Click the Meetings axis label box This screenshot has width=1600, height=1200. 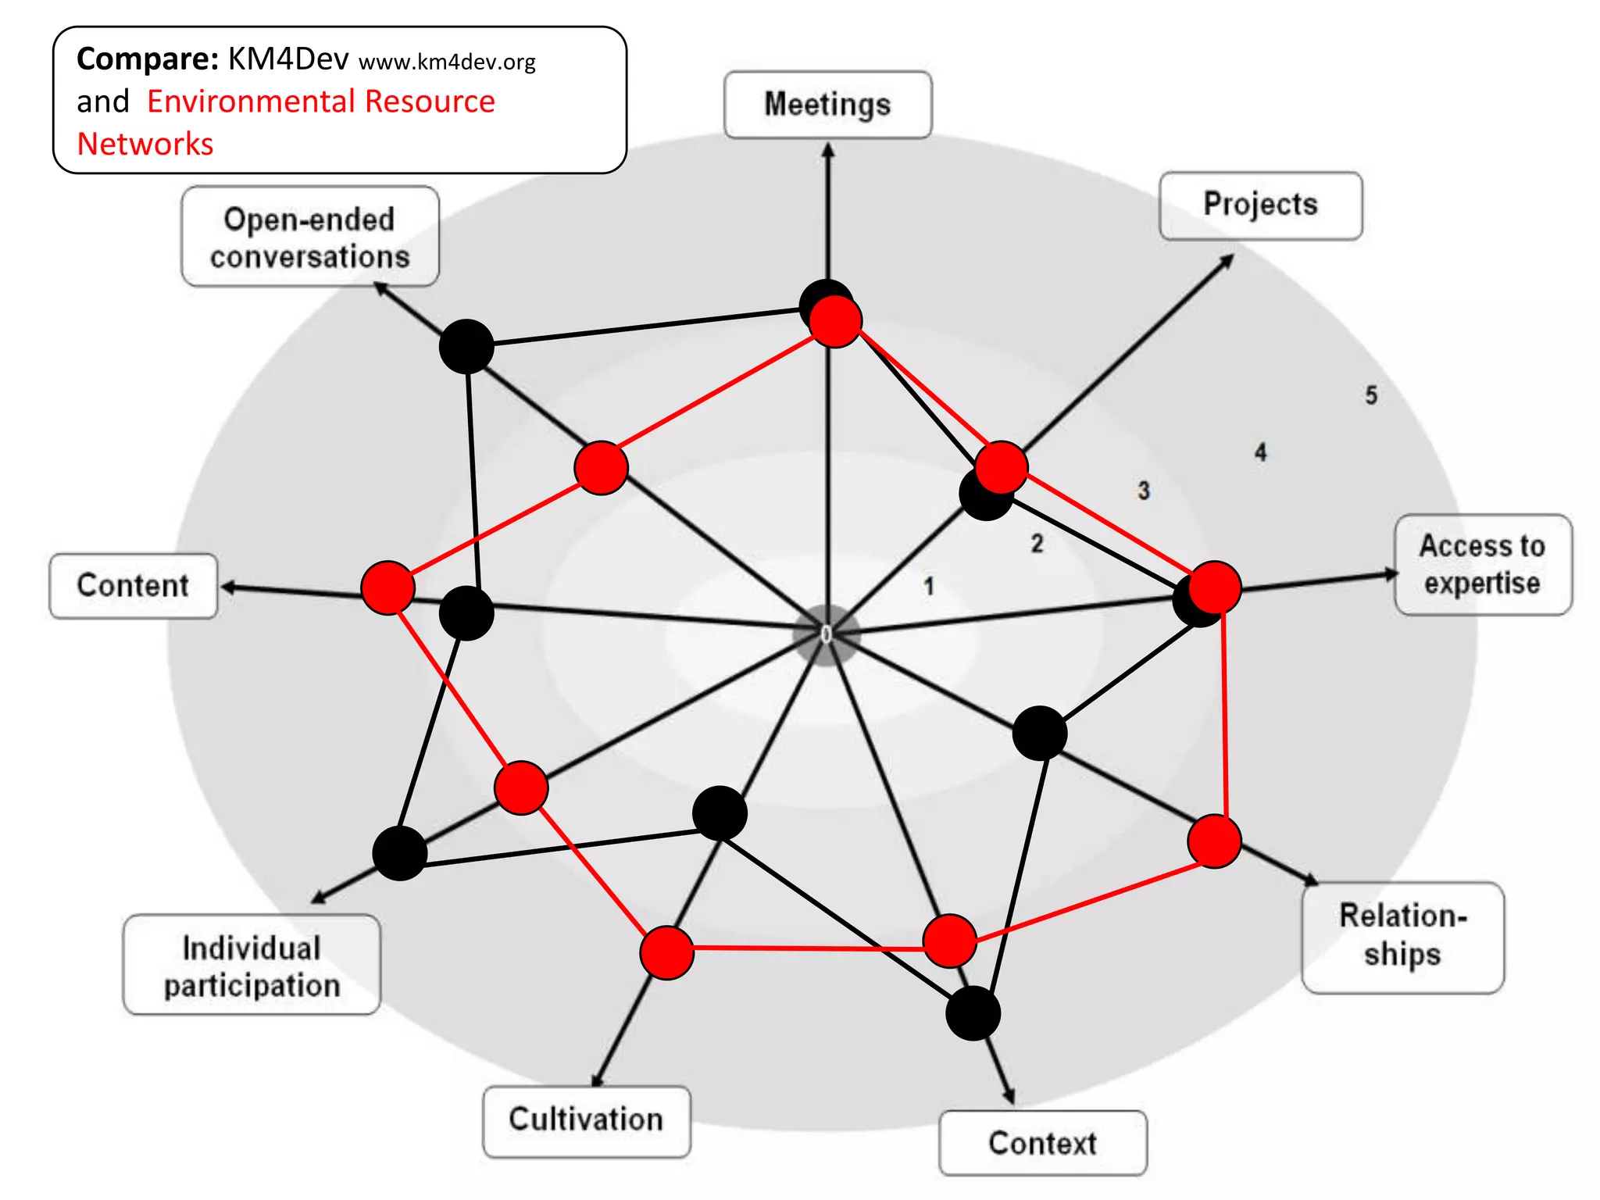coord(827,105)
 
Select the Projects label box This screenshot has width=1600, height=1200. coord(1260,205)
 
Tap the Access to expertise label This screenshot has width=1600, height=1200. coord(1482,564)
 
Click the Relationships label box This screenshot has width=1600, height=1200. coord(1402,937)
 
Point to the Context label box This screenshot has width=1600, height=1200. coord(1042,1143)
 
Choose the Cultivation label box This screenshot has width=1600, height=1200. coord(586,1120)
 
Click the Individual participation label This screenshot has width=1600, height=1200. coord(252,966)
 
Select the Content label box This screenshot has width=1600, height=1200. coord(133,586)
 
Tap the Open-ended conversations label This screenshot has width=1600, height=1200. coord(309,237)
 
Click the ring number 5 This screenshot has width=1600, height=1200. coord(1371,395)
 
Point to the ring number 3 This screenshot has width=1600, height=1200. coord(1144,491)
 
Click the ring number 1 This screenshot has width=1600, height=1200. coord(929,586)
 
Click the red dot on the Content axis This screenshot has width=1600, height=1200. coord(387,587)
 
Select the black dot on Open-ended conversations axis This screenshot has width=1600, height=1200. coord(466,346)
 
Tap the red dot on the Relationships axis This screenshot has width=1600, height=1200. coord(1214,841)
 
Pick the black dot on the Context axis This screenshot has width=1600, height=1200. coord(973,1013)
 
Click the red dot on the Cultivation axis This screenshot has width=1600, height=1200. coord(666,952)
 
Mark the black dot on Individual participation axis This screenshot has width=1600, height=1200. coord(399,853)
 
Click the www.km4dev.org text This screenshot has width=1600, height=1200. coord(447,62)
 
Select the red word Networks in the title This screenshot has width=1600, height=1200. coord(145,145)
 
